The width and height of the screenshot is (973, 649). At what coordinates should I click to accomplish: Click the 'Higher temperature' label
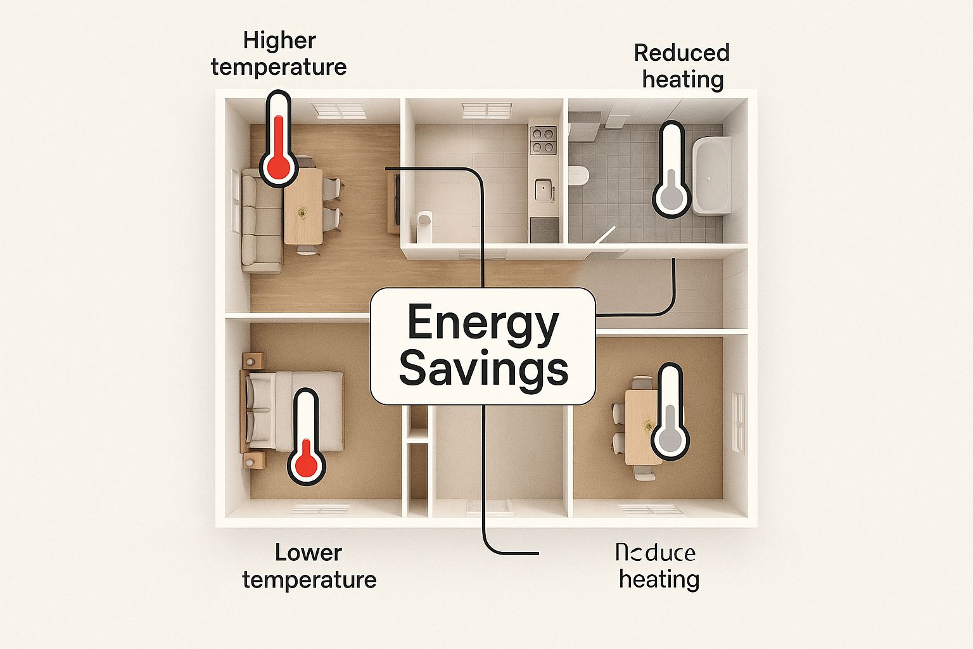click(279, 54)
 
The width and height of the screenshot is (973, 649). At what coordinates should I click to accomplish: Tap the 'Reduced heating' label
click(682, 66)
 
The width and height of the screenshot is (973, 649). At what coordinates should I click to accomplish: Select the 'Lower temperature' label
click(309, 566)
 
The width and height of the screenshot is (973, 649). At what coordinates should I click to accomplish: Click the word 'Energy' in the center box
click(483, 323)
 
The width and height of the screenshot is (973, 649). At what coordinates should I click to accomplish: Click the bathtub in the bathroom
click(712, 175)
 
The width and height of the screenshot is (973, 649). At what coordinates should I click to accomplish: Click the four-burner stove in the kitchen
click(543, 140)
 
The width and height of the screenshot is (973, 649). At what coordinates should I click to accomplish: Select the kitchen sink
click(544, 190)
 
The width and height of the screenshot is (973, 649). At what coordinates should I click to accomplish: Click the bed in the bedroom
click(293, 411)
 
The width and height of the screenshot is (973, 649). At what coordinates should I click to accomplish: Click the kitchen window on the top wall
click(486, 111)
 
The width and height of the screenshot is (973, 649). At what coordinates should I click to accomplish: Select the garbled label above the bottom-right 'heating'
click(655, 553)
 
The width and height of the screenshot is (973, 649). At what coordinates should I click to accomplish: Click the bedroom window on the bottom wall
click(319, 509)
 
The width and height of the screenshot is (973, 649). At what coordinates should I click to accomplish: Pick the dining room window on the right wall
click(738, 421)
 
